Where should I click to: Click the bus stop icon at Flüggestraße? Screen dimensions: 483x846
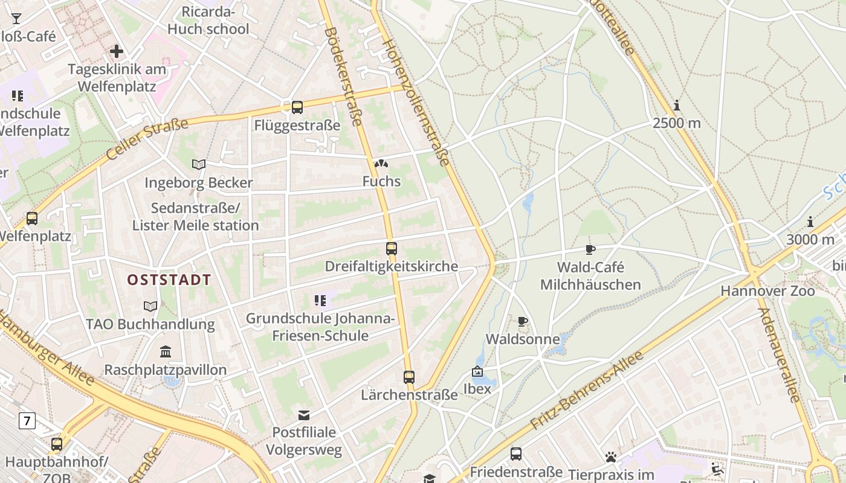297,107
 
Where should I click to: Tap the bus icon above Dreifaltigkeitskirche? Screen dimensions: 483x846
392,248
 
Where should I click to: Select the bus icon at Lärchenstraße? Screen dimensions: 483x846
409,377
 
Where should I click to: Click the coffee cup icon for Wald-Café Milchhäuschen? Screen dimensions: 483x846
590,249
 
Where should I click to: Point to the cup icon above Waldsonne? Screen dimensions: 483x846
523,321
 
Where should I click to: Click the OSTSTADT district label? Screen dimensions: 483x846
169,280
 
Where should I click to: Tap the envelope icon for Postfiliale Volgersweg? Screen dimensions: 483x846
304,415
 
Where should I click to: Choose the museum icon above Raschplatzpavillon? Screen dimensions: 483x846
166,351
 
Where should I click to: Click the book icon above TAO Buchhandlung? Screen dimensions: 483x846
150,306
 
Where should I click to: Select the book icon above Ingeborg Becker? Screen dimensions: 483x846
198,164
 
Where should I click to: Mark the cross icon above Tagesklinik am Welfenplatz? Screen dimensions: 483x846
117,51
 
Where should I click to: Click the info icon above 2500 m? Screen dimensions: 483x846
677,106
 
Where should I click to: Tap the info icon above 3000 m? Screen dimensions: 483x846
810,222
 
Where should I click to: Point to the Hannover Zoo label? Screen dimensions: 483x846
767,291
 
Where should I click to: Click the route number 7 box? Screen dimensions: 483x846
27,420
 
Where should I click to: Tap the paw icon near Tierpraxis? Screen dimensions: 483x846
611,457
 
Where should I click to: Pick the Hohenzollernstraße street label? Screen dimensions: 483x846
417,103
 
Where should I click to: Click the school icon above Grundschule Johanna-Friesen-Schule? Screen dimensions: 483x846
320,300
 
